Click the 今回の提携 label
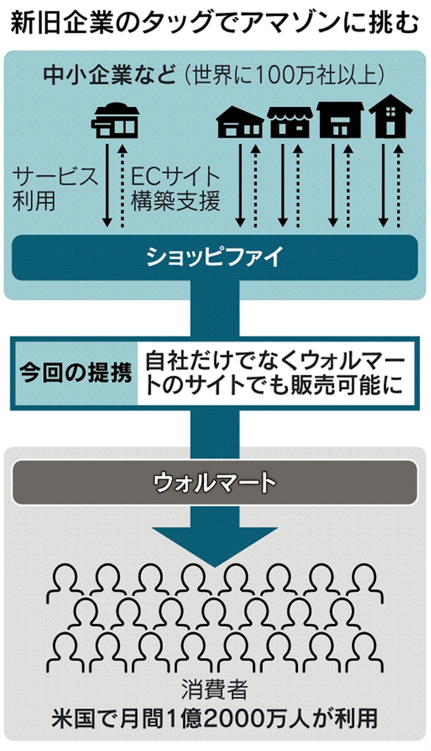[75, 373]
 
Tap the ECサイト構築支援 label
[176, 188]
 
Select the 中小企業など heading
[108, 75]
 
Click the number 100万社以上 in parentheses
[317, 75]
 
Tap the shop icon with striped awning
[290, 121]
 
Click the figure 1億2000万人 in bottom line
[222, 719]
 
